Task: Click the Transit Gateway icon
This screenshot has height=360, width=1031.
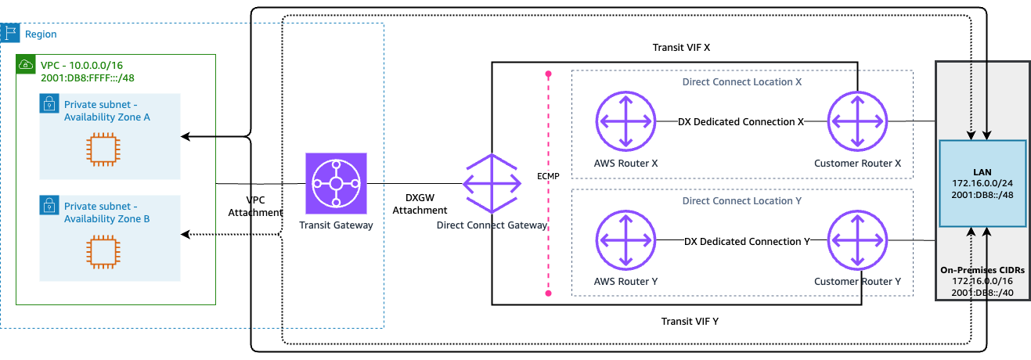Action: coord(336,183)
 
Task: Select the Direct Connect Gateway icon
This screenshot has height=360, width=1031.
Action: coord(492,183)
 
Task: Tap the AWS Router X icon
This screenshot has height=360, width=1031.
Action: coord(625,121)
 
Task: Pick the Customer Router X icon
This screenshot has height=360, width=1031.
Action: coord(857,121)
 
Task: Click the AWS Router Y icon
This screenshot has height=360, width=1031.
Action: coord(625,239)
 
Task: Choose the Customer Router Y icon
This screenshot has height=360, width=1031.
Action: coord(857,239)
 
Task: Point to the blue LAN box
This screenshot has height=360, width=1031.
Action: coord(982,184)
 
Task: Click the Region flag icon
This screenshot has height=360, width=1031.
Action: coord(10,33)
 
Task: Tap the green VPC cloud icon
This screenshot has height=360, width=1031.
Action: coord(26,64)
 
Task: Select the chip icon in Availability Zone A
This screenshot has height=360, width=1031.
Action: coord(103,149)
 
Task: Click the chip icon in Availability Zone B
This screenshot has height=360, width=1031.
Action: coord(103,252)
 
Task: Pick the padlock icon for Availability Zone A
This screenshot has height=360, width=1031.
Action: coord(49,103)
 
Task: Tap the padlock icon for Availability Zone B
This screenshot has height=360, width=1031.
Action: coord(49,205)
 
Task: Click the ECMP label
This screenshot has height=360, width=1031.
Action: coord(548,176)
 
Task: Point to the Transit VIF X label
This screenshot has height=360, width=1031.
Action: coord(681,48)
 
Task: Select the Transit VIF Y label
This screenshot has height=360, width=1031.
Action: coord(690,322)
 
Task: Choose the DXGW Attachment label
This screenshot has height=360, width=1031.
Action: coord(420,204)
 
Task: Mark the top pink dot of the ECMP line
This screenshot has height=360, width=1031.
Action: coord(548,74)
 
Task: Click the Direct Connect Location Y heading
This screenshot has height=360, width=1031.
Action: coord(741,200)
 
